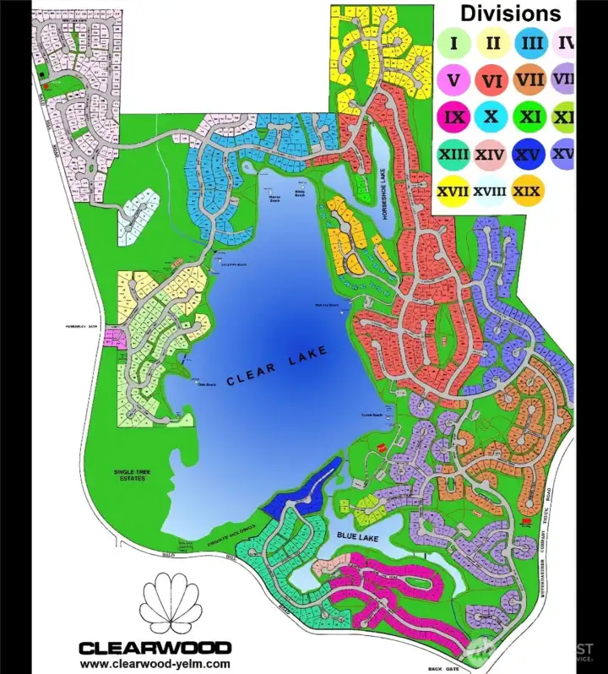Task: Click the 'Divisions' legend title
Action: [x=510, y=14]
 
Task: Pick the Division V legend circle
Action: [x=454, y=80]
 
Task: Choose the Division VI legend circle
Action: [x=491, y=80]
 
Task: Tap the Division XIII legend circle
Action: [x=454, y=155]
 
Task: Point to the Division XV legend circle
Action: [x=528, y=155]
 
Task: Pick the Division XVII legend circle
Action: [x=454, y=191]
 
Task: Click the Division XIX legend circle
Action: [x=528, y=191]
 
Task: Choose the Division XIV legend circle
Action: [x=491, y=155]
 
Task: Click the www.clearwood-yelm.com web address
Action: [x=155, y=664]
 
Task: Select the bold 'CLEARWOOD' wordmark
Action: [x=155, y=648]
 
